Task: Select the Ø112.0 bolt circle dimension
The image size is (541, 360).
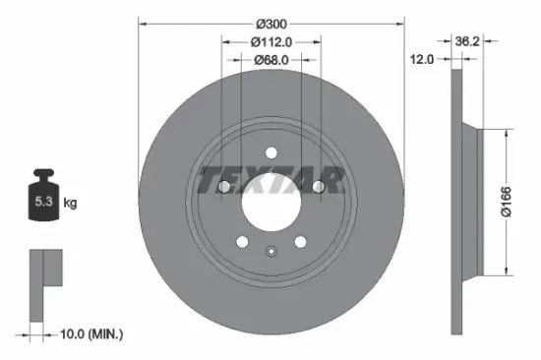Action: (270, 41)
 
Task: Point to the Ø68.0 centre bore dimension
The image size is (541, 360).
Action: (270, 60)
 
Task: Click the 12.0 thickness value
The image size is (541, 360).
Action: (421, 60)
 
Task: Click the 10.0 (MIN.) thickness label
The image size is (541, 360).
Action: (91, 335)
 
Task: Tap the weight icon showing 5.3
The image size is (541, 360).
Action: (43, 199)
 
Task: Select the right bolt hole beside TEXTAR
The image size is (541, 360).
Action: (318, 187)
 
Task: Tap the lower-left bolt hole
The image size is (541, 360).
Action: (242, 241)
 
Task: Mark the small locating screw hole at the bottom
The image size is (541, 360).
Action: (270, 250)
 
